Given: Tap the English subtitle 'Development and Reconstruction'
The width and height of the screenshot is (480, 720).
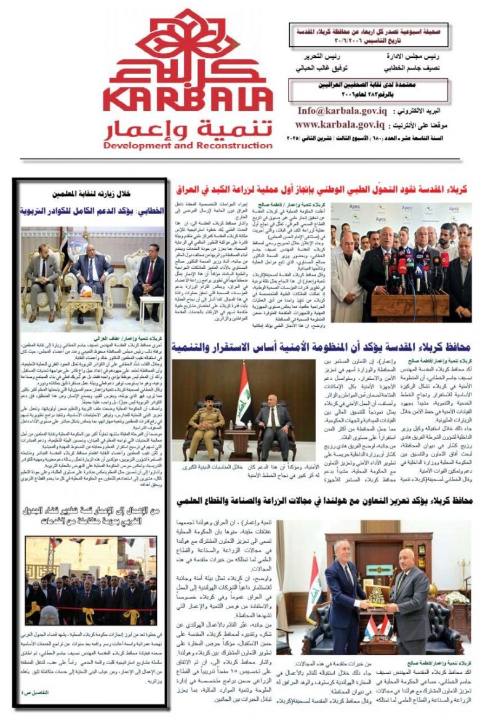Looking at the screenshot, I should [x=187, y=145].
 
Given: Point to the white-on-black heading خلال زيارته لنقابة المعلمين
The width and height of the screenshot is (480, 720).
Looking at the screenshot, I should [x=91, y=192].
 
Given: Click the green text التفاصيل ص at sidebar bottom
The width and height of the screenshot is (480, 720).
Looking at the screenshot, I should [x=37, y=692].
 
